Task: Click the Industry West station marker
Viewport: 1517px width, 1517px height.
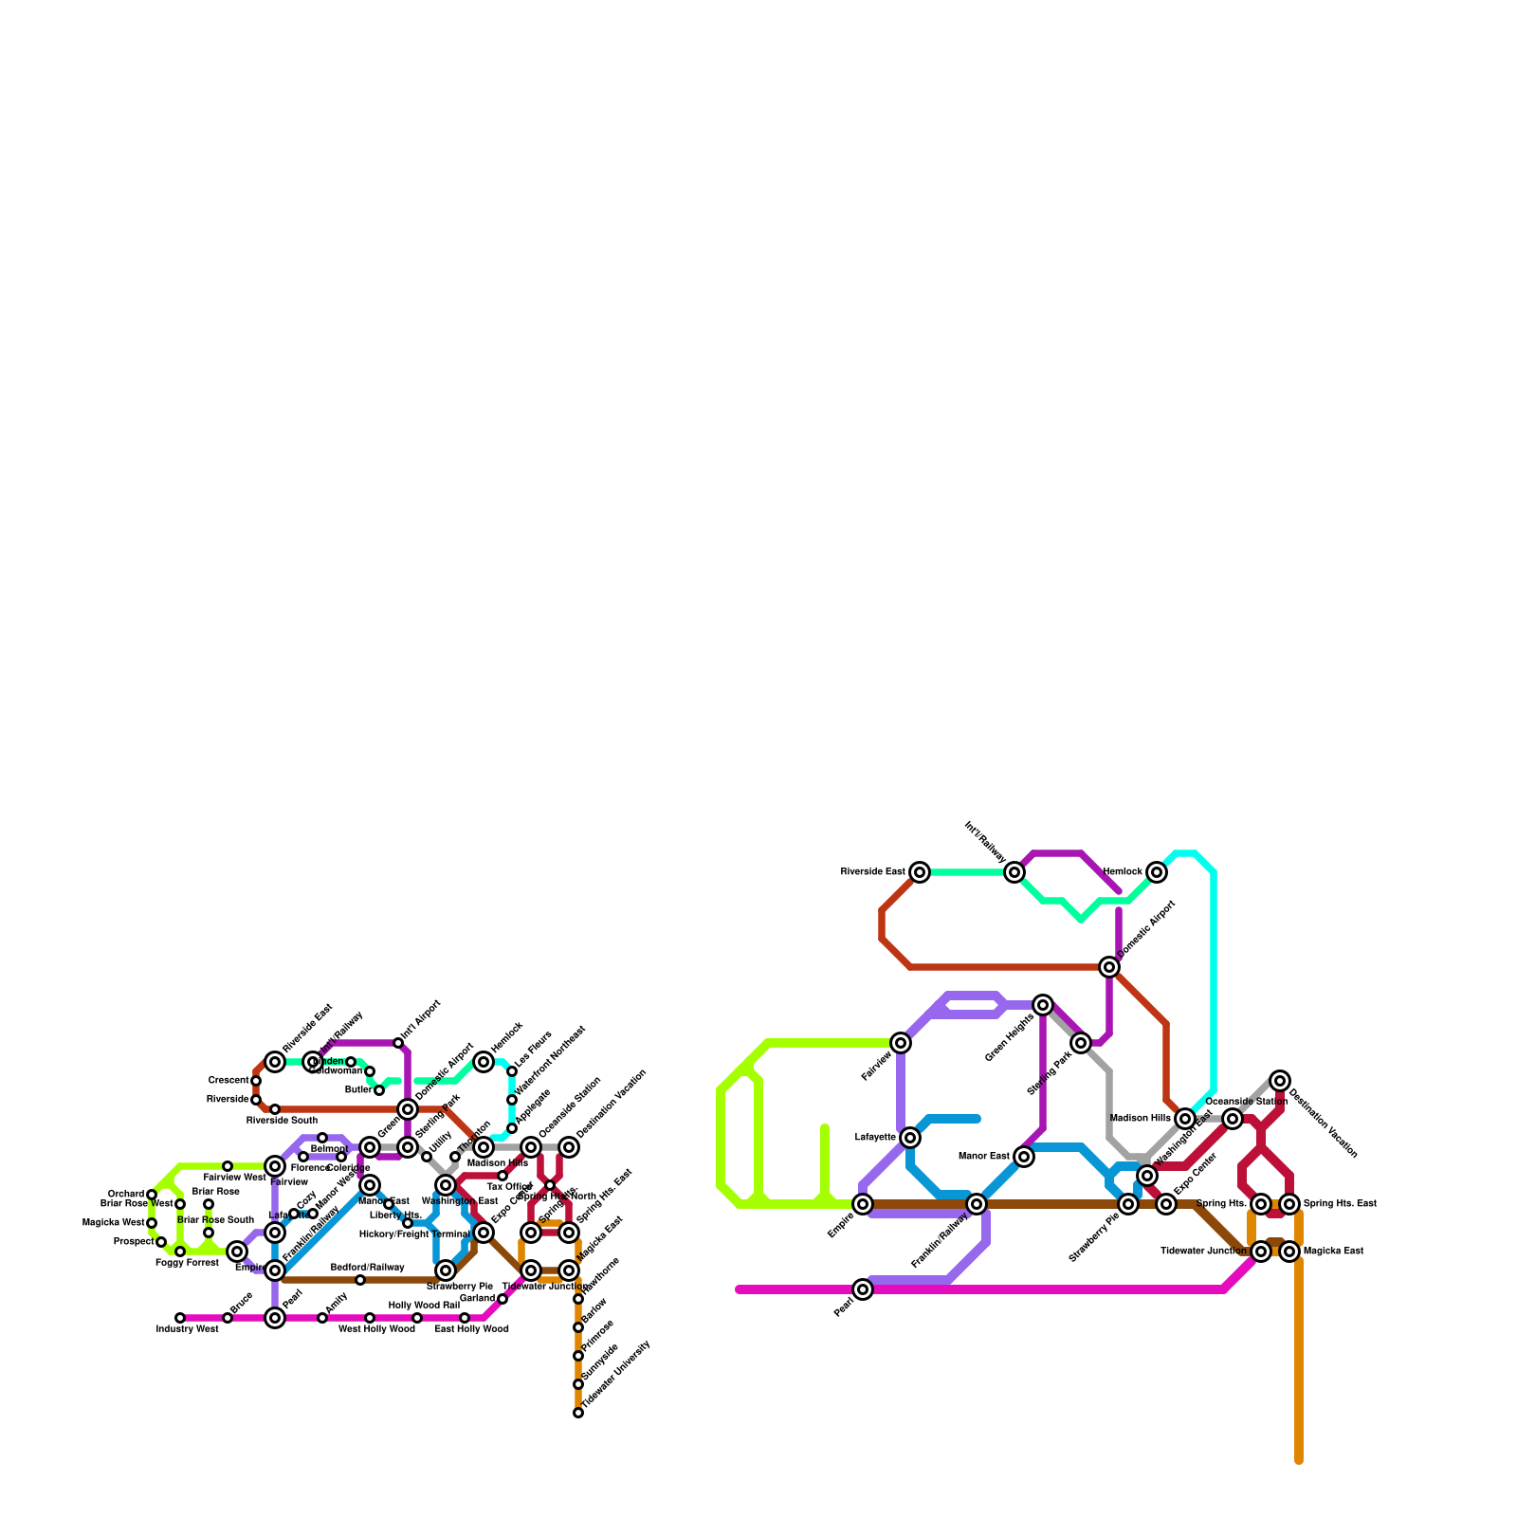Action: coord(180,1318)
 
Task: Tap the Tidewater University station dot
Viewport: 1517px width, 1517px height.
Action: coord(578,1413)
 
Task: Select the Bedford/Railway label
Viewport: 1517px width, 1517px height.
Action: coord(367,1268)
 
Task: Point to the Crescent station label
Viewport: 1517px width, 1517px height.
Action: coord(228,1081)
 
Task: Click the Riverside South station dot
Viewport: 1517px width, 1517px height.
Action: coord(275,1109)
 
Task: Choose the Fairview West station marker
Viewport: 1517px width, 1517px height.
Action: coord(228,1166)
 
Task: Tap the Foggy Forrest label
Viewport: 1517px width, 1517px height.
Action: coord(187,1263)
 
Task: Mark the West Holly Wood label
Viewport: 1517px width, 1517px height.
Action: coord(376,1329)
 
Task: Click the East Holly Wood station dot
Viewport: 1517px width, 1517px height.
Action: coord(465,1318)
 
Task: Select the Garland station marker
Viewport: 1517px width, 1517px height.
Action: coord(503,1299)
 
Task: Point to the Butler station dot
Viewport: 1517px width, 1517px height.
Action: coord(379,1090)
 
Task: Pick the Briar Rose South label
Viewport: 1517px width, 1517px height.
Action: coord(215,1220)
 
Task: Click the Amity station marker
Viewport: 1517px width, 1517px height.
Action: coord(322,1318)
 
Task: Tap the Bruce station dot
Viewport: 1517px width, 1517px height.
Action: coord(228,1318)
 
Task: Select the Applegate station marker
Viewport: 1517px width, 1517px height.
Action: coord(512,1128)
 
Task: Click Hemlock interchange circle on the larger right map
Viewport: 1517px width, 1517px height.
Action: coord(1157,872)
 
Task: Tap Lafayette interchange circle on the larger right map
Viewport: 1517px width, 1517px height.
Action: coord(910,1138)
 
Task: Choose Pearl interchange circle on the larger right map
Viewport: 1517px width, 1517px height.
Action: coord(863,1289)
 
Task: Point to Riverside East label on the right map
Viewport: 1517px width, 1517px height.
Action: coord(872,872)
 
